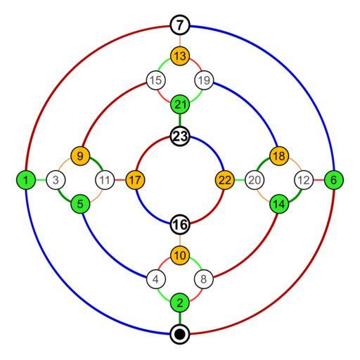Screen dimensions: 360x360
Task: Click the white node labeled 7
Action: coord(180,25)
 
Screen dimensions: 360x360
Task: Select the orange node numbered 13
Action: coord(180,56)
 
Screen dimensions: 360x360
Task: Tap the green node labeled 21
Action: coord(180,104)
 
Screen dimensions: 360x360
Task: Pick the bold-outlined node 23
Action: coord(180,136)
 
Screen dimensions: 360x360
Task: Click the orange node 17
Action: coord(135,180)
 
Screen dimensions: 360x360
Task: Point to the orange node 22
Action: coord(225,180)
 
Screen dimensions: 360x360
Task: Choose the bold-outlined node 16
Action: coord(180,224)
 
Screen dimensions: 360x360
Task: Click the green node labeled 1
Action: coord(26,180)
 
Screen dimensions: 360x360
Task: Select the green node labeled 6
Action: coord(334,180)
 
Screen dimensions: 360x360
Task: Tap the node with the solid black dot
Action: coord(180,334)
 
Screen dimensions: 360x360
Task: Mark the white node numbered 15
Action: coord(156,80)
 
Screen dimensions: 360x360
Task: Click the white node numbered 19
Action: coord(204,80)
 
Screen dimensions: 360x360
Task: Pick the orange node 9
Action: coord(80,156)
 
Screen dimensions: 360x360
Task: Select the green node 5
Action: coord(80,204)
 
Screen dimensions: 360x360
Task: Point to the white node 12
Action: coord(304,180)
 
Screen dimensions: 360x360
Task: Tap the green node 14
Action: coord(279,204)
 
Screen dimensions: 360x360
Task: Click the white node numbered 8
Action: coord(204,279)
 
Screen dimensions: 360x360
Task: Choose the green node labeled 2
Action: coord(180,302)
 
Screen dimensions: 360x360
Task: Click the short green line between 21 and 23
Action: coord(180,120)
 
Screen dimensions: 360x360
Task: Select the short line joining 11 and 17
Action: coord(120,180)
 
